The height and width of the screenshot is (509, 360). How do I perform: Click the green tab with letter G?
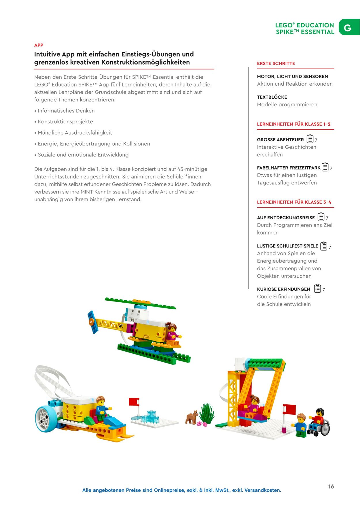348,27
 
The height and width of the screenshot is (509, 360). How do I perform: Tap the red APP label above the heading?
39,45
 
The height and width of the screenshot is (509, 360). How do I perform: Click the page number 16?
331,487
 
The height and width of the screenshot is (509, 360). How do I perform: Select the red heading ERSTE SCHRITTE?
276,63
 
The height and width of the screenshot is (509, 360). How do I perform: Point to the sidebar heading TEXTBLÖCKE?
272,97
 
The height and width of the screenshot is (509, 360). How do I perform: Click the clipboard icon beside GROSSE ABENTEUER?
310,139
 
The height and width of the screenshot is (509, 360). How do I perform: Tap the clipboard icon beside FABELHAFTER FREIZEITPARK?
325,167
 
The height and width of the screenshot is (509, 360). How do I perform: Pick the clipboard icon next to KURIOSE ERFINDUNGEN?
317,289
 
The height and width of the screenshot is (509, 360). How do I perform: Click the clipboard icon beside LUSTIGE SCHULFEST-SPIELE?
324,246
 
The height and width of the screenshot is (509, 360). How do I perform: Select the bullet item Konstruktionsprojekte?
65,122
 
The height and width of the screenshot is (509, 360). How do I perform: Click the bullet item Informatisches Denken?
66,111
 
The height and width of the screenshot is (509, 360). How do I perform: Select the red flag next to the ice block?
134,402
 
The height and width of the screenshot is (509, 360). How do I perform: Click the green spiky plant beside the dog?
207,413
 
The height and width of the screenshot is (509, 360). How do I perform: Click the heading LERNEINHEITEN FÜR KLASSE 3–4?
294,202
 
